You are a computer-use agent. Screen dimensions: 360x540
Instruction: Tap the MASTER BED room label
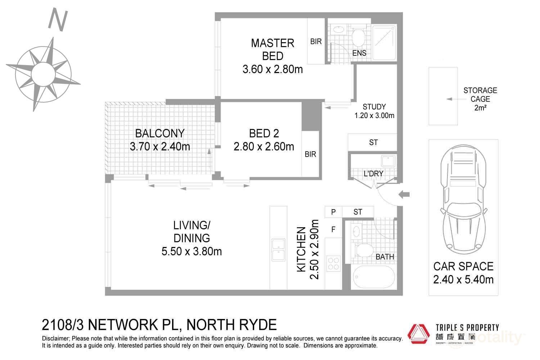(273, 49)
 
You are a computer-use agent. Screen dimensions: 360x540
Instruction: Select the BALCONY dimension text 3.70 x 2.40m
(160, 147)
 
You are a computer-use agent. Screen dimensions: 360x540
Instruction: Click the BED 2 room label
(264, 134)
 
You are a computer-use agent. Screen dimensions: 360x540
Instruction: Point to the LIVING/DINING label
(192, 232)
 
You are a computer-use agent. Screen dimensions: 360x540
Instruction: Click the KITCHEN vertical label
(301, 249)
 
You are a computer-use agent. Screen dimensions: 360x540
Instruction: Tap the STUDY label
(374, 107)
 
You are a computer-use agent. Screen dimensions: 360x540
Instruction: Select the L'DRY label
(373, 174)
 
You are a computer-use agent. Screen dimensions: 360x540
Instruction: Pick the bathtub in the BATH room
(373, 277)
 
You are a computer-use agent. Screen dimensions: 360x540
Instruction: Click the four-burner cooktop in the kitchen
(333, 262)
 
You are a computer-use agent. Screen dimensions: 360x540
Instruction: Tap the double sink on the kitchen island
(278, 249)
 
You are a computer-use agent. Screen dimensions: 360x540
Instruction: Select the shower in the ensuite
(384, 42)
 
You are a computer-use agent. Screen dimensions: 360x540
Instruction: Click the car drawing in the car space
(463, 198)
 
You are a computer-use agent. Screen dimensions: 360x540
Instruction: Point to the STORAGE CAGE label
(480, 99)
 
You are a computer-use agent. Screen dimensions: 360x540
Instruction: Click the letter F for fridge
(333, 229)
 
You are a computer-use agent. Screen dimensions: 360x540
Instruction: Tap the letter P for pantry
(333, 212)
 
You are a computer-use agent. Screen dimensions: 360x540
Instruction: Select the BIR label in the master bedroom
(316, 42)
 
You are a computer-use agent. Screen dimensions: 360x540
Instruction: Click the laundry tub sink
(388, 160)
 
